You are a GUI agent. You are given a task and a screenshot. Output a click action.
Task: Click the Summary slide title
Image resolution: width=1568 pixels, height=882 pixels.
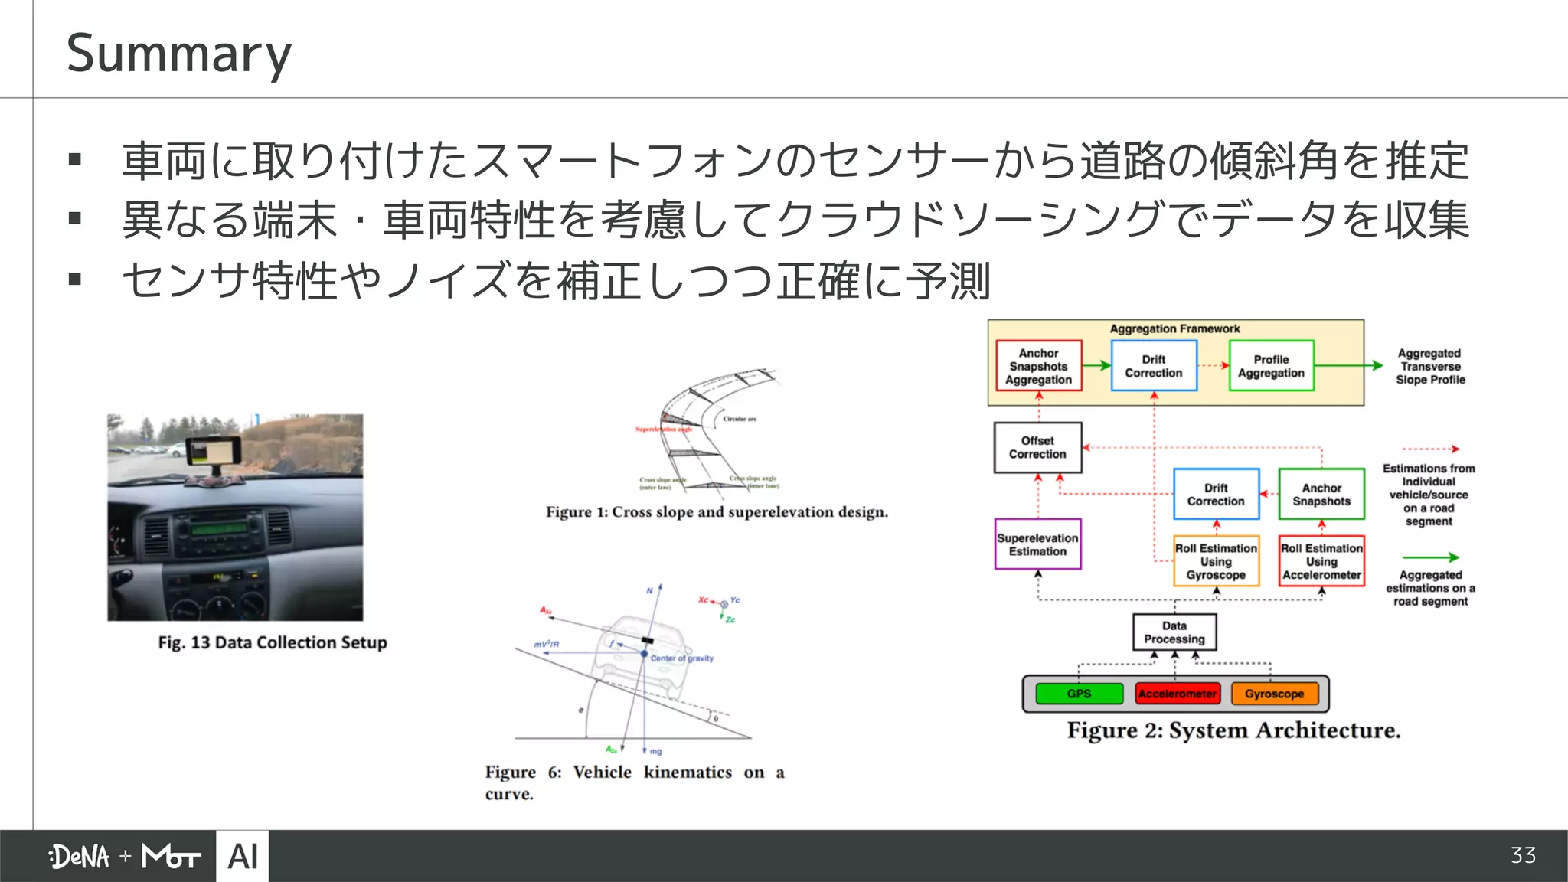(178, 54)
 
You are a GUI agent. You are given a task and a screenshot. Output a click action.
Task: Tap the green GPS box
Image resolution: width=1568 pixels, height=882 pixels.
(1079, 694)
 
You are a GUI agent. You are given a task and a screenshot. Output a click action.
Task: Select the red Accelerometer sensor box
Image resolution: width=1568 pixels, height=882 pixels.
(1177, 694)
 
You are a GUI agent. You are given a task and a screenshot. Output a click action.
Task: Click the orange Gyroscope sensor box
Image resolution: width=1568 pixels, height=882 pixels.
(1274, 694)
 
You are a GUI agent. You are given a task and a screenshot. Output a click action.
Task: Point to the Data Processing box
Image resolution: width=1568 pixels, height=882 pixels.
(1174, 632)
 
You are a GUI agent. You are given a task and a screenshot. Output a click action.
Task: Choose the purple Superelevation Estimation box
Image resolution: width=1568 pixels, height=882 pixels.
(1037, 544)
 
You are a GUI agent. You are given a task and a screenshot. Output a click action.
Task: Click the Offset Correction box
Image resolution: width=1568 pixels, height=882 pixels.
(1037, 447)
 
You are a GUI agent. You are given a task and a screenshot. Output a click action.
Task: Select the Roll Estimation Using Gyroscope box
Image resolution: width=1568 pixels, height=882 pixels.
(1216, 561)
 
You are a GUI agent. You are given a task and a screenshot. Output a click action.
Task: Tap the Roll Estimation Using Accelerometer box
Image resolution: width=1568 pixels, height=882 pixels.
(1321, 561)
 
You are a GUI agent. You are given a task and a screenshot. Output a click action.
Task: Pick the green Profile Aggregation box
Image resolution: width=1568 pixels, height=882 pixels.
(1271, 366)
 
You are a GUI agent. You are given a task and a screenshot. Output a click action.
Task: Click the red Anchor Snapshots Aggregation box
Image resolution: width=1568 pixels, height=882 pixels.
(1038, 366)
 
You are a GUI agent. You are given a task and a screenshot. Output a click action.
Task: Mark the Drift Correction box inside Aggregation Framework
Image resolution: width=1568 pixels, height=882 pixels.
(1154, 366)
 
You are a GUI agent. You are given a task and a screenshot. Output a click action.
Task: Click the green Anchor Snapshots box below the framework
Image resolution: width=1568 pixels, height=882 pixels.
(1321, 495)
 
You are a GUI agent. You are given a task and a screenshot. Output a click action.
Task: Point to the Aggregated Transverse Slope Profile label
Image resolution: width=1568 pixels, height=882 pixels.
(1429, 366)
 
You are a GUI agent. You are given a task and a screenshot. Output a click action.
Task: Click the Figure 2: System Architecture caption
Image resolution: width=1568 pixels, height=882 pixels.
(1233, 730)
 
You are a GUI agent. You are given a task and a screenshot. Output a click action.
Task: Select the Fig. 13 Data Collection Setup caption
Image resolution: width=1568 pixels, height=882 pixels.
(273, 642)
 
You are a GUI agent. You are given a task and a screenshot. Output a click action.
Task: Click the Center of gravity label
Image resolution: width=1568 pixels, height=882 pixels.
(681, 658)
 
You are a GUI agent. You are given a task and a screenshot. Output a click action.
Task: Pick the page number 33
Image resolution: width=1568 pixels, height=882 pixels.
(1523, 855)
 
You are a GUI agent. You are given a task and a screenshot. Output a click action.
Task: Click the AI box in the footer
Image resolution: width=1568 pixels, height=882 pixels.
(243, 856)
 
